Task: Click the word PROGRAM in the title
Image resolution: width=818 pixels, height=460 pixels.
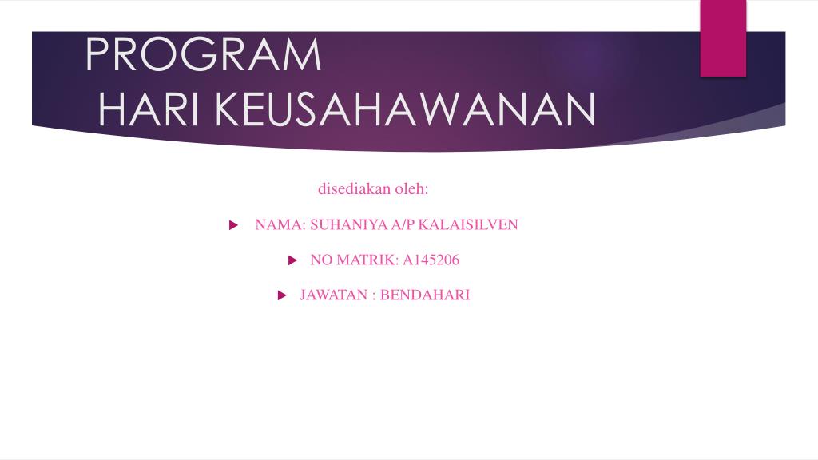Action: [203, 54]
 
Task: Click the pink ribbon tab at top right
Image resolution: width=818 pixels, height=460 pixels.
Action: [723, 38]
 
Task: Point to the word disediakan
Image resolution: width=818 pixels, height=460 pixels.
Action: [353, 189]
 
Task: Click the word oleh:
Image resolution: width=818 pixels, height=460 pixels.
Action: [411, 189]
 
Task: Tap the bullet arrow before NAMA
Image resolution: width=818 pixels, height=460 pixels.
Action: [233, 225]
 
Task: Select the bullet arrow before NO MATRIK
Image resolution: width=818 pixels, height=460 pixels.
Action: [292, 260]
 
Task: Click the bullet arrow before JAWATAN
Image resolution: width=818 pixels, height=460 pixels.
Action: [281, 295]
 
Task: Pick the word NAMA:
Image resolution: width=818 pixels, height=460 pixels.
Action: [280, 225]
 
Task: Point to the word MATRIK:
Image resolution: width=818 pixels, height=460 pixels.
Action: [367, 260]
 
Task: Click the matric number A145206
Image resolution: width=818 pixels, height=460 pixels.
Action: [431, 260]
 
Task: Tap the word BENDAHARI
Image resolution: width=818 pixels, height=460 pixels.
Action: [425, 295]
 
